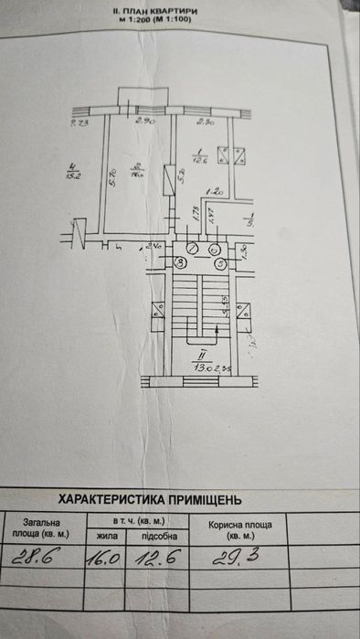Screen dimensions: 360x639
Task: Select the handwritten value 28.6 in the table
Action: tap(35, 557)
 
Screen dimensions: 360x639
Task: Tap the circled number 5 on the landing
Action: tap(219, 263)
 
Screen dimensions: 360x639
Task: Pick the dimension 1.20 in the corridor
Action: tap(215, 193)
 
